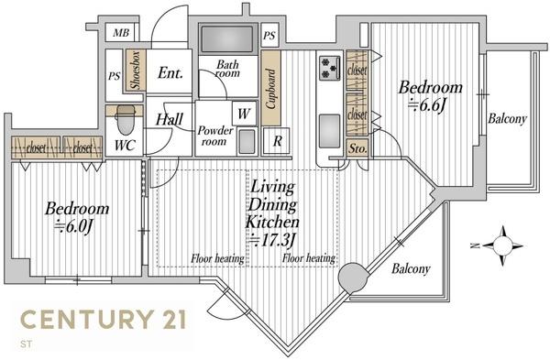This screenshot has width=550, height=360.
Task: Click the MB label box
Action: coord(121,33)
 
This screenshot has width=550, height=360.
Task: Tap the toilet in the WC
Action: coord(126,119)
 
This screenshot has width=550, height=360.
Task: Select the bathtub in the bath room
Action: coord(227,38)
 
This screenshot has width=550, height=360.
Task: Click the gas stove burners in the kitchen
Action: coord(330,68)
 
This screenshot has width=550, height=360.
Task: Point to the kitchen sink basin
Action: coord(329,131)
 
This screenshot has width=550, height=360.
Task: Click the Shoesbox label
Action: coord(135,71)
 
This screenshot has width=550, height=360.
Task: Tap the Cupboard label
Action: coord(270,88)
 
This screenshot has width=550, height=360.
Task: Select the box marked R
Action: coord(277,141)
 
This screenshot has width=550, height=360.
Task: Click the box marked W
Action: coord(244,114)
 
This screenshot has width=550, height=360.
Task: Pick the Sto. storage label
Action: coord(357,148)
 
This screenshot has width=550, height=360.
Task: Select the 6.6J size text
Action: coord(427,104)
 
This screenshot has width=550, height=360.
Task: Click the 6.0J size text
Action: coord(73,226)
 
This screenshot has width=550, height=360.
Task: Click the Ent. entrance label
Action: coord(170,73)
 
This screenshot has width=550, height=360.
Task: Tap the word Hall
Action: coord(170,119)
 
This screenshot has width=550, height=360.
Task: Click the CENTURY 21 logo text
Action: coord(104,320)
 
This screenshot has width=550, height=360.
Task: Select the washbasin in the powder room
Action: coord(247,142)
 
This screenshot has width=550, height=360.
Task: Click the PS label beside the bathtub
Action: coord(269,35)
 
